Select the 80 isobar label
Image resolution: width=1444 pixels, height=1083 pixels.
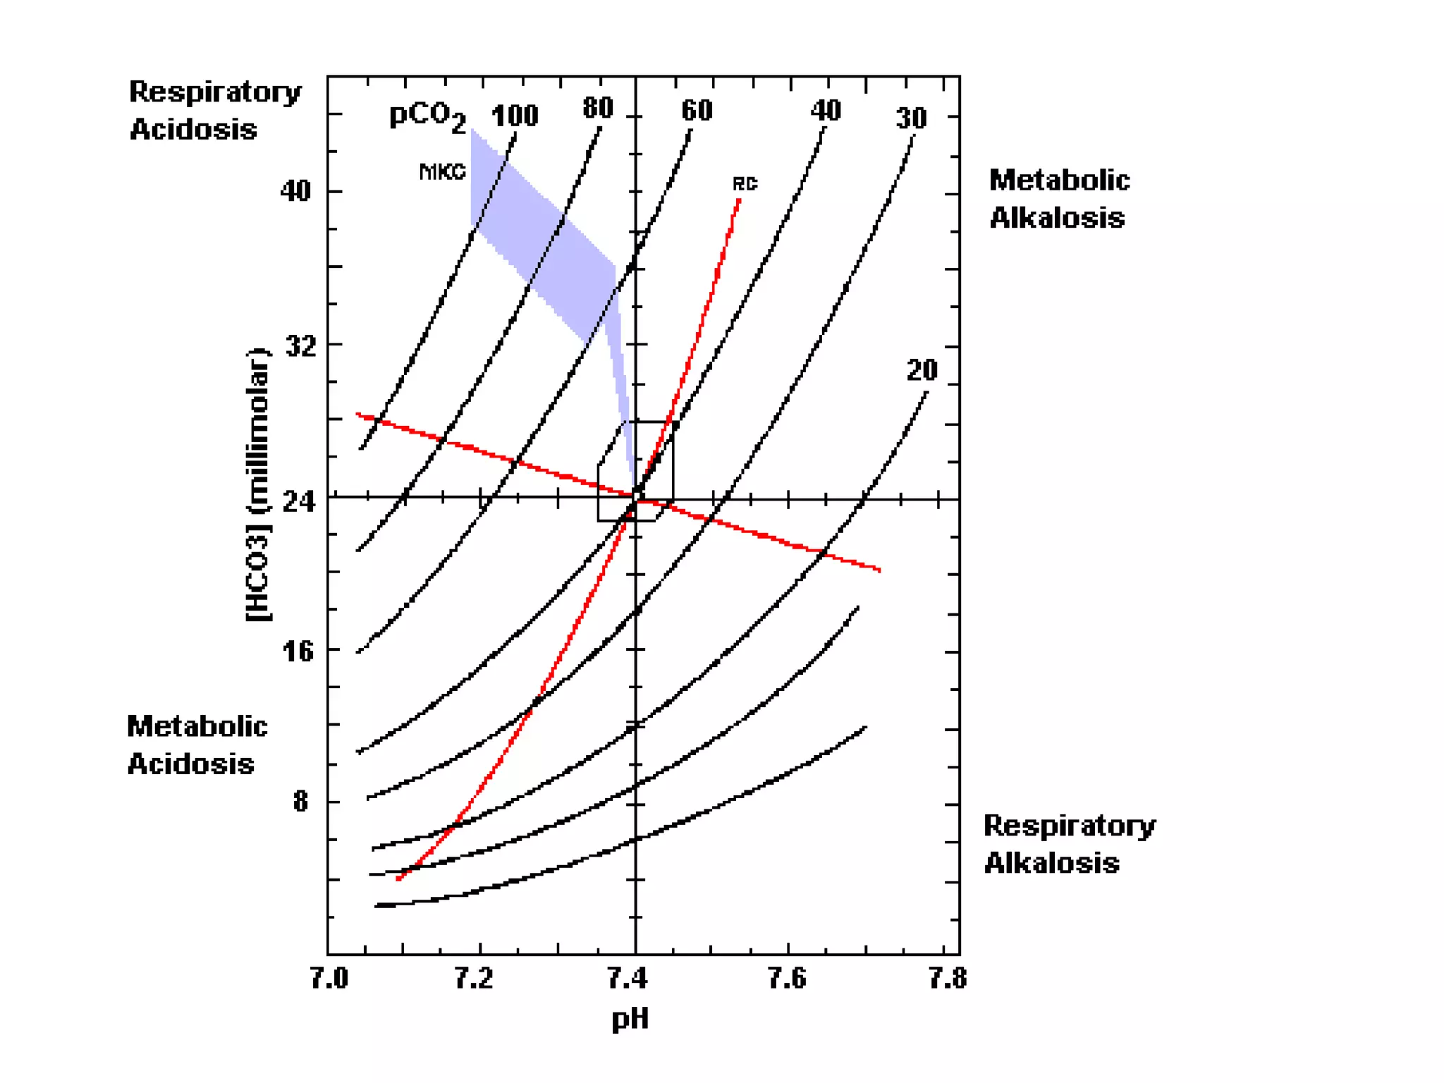598,109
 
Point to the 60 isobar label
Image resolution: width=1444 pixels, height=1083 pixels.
697,111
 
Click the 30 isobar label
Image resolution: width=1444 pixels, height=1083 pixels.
911,118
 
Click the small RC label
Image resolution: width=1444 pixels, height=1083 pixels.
745,185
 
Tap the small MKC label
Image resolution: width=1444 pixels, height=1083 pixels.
442,172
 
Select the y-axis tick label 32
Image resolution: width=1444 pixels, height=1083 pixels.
300,346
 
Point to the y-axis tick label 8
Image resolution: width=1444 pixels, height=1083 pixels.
301,802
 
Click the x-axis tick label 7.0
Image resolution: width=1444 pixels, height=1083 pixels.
329,979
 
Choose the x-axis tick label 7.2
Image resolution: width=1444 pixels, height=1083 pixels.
473,979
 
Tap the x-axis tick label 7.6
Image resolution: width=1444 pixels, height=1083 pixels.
786,979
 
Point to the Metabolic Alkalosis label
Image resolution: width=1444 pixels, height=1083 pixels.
1058,199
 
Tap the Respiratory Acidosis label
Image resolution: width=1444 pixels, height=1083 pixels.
214,111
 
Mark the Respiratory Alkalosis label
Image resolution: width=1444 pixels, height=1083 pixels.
1069,844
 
